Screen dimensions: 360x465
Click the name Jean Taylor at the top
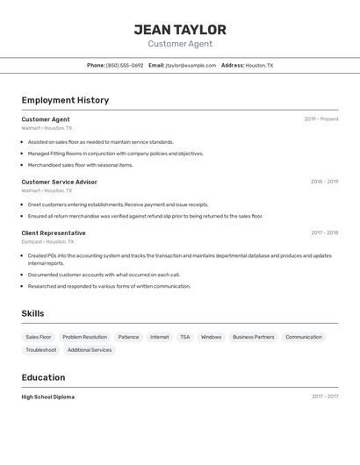pos(180,29)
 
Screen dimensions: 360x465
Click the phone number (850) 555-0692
pos(124,65)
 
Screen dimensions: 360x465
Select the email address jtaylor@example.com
pos(191,65)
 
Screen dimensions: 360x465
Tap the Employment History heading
pos(65,100)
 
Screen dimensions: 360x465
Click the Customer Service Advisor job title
pos(59,182)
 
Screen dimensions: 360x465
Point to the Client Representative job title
pos(54,232)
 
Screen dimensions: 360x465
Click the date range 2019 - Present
pos(320,119)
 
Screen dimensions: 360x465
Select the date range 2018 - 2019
pos(324,182)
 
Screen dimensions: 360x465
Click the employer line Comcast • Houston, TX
pos(47,241)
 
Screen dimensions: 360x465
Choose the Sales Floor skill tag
pos(39,337)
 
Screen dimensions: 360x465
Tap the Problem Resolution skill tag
pos(84,337)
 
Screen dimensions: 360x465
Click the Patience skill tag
pos(128,337)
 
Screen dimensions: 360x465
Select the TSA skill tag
pos(184,337)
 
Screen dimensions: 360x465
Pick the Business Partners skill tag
pos(253,337)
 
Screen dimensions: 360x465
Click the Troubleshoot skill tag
pos(41,350)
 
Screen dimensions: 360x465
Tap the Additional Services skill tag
pos(90,350)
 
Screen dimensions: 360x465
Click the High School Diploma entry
pos(48,397)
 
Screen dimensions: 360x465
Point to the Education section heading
pos(43,377)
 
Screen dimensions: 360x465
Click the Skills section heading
pos(32,313)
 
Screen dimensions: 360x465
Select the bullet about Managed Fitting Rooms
pos(115,154)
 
